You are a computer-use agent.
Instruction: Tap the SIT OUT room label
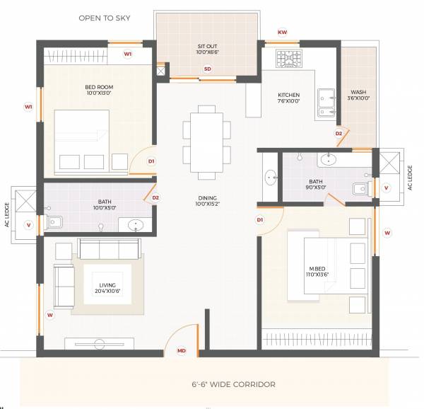tap(207, 50)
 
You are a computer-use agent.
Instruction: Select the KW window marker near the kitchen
tap(283, 33)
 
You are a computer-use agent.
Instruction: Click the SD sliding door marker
tap(207, 69)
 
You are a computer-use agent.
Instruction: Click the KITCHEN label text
tap(288, 98)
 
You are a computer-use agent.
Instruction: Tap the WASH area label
tap(359, 95)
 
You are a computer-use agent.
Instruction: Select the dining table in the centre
tap(206, 142)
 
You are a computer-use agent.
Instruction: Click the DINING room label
tap(207, 202)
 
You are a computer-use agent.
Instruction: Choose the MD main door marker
tap(182, 350)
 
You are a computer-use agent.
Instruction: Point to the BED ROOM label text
tap(99, 90)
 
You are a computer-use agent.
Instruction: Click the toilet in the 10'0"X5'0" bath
tap(56, 224)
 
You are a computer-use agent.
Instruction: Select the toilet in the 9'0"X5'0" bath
tap(360, 188)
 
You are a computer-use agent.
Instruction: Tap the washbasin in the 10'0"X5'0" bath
tap(134, 226)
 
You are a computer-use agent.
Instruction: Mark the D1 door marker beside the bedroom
tap(151, 161)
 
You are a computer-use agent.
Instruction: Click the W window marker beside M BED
tap(387, 232)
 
